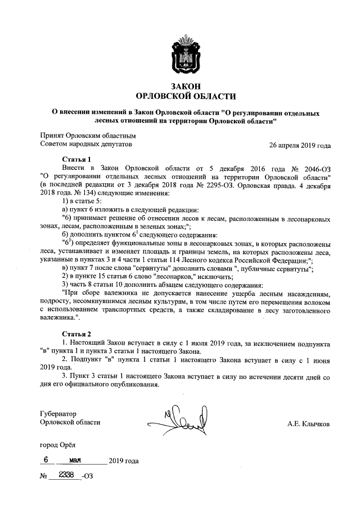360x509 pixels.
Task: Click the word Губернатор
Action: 58,413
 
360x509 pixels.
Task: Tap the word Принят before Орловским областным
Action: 52,136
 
